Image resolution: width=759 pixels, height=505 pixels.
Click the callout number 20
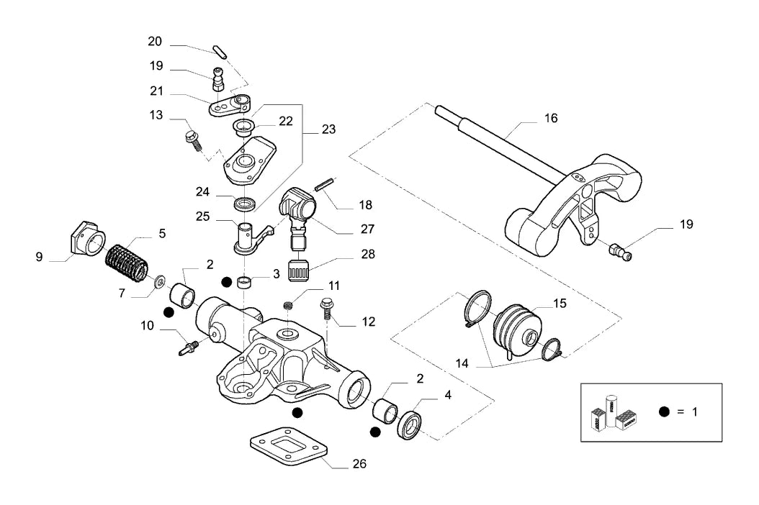tap(155, 42)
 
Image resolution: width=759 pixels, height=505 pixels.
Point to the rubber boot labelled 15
tap(514, 330)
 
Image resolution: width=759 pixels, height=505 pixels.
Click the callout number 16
tap(551, 118)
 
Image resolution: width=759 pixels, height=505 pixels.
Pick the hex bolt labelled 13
tap(194, 140)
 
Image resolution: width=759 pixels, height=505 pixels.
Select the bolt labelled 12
tap(326, 309)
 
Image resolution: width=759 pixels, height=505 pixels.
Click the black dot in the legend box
tap(664, 411)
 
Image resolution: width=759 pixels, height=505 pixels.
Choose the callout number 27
tap(367, 229)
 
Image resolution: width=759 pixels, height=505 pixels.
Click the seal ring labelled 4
tap(411, 425)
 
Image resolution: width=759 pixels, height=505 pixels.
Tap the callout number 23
tap(328, 129)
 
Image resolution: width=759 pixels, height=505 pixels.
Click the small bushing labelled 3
tap(245, 282)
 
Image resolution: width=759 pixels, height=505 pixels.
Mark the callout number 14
tap(462, 363)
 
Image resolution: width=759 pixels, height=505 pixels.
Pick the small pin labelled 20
tap(220, 51)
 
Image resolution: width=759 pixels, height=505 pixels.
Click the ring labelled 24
tap(246, 204)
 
